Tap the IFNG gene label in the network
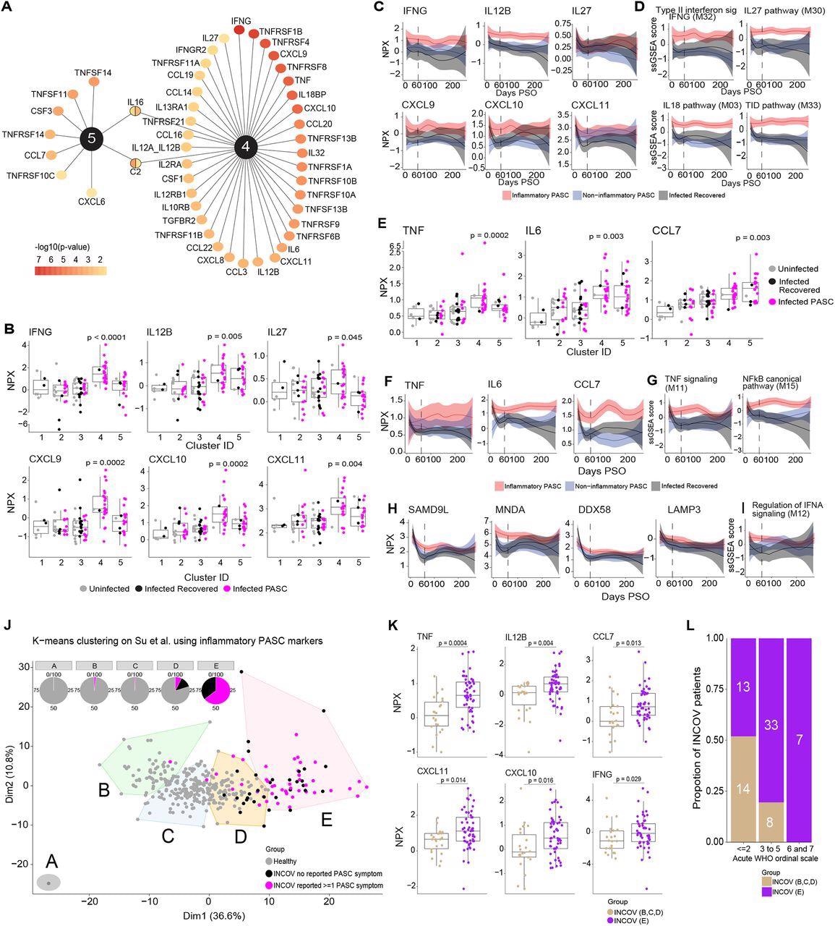pos(241,20)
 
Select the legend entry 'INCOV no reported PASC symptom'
pos(333,874)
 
